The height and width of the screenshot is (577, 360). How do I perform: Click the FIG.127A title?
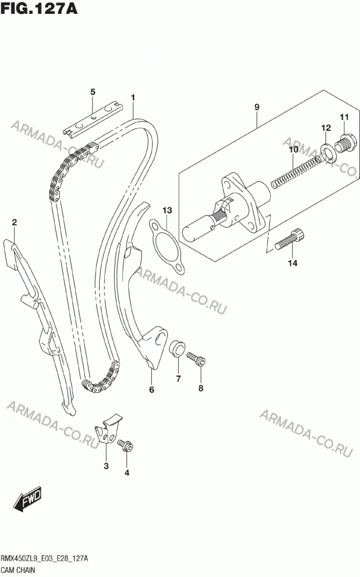[39, 9]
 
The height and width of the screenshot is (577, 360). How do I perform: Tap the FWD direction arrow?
[28, 500]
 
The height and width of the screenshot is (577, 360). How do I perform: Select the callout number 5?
[92, 92]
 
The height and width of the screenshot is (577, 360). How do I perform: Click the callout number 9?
[257, 107]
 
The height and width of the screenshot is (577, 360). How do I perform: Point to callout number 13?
[167, 211]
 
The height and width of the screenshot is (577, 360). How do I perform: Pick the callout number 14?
[292, 263]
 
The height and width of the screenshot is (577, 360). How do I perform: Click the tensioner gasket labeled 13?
[167, 248]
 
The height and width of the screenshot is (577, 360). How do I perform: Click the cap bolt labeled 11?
[344, 144]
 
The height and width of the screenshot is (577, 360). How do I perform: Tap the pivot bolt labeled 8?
[196, 359]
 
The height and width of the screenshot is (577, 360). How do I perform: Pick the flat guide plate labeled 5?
[92, 119]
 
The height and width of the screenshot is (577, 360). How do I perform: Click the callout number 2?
[14, 222]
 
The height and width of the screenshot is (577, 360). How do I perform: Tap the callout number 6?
[152, 389]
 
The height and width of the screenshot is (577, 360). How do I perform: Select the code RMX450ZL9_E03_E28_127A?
[45, 559]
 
